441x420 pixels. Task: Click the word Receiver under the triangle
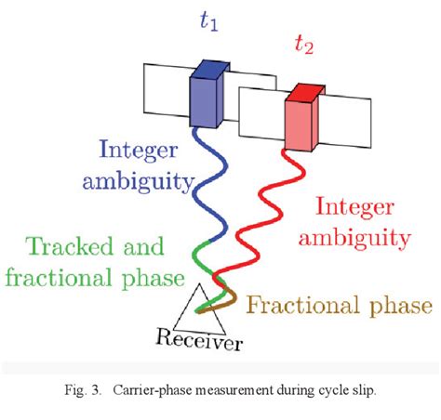pos(201,343)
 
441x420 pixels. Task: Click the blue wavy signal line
pos(200,186)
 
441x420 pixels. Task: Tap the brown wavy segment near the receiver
pos(231,298)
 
